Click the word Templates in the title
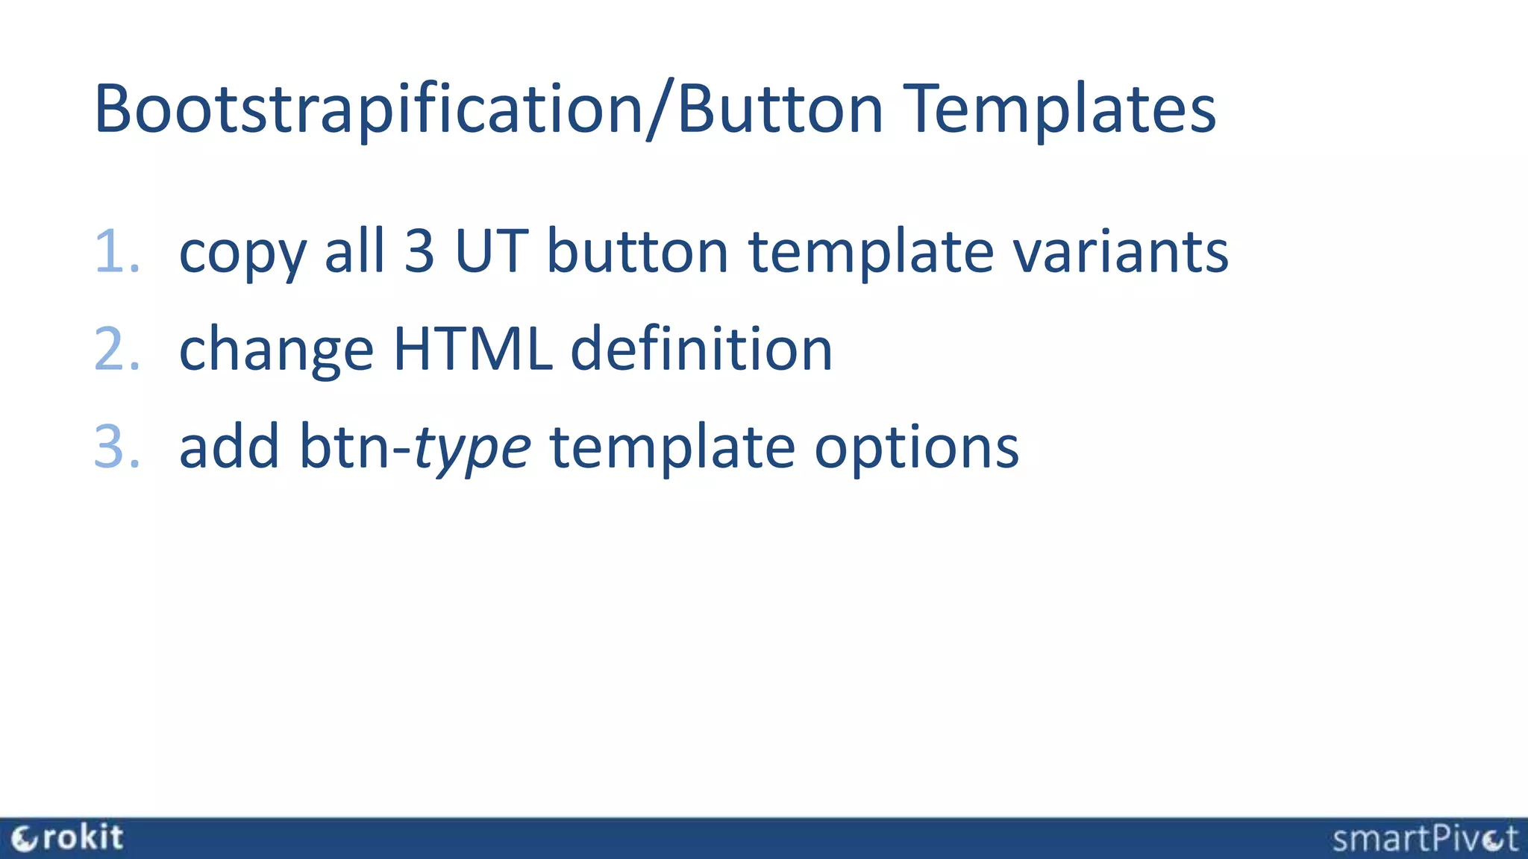point(1059,110)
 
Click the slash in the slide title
point(660,110)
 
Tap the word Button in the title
point(780,110)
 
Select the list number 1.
point(116,252)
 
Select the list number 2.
point(116,350)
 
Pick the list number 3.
point(116,447)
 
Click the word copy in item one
point(242,254)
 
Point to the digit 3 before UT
point(419,252)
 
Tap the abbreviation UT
point(492,252)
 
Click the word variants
point(1120,252)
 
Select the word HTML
point(472,349)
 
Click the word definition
point(701,349)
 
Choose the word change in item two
point(275,350)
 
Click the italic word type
point(472,449)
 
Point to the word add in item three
point(229,447)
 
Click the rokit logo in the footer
point(68,838)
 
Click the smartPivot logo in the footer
point(1424,839)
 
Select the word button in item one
point(637,252)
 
